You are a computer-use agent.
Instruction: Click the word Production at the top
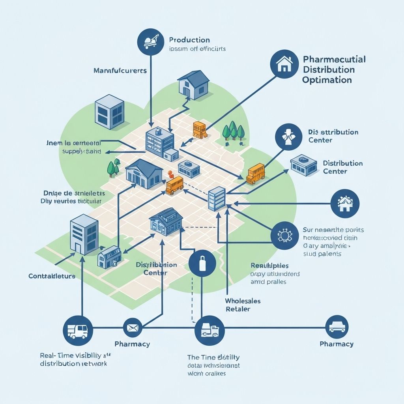[x=189, y=40]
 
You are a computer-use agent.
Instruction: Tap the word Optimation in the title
[x=327, y=80]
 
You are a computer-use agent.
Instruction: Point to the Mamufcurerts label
[x=120, y=71]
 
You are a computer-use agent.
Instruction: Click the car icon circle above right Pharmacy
[x=337, y=327]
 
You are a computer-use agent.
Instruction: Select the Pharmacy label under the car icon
[x=337, y=344]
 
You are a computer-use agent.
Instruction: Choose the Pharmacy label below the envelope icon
[x=132, y=344]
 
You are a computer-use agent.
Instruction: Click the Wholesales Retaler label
[x=243, y=305]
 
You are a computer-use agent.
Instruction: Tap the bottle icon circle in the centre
[x=202, y=264]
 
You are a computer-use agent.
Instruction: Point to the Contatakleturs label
[x=52, y=276]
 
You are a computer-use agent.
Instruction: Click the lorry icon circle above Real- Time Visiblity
[x=78, y=328]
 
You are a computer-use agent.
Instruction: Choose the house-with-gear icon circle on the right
[x=345, y=203]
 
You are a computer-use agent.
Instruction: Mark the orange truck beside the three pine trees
[x=200, y=130]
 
